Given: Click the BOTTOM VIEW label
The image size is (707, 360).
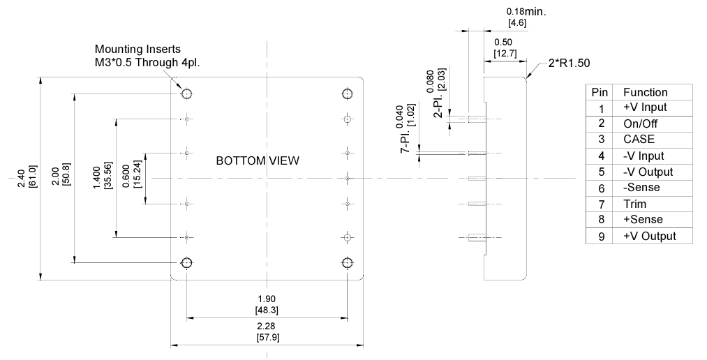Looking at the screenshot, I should click(x=258, y=161).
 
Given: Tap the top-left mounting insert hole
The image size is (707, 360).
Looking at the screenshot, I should click(x=187, y=94).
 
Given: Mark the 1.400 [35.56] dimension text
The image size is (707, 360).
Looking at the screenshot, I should click(x=101, y=178).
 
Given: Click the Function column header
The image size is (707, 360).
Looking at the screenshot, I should click(x=645, y=92).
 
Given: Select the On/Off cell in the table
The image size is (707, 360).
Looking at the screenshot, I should click(x=640, y=123).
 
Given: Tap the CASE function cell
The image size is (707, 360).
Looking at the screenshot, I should click(x=639, y=140).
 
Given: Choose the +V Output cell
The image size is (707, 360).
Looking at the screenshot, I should click(x=649, y=236).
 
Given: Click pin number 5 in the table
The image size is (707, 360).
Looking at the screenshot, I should click(x=600, y=172).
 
